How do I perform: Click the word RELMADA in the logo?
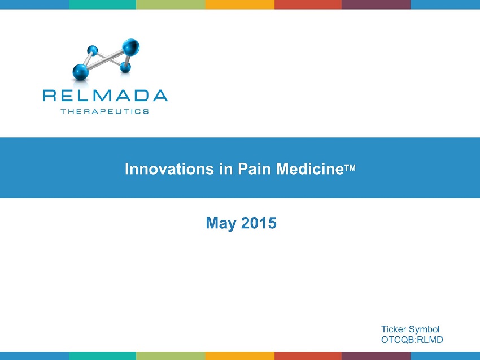point(105,96)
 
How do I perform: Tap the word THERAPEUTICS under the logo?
point(104,111)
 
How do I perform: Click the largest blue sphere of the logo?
point(131,47)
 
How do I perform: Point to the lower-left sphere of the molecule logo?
point(81,72)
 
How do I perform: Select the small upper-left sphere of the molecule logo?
point(92,50)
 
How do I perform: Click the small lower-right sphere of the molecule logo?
point(125,67)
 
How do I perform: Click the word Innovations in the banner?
point(169,169)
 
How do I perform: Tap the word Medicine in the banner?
point(310,169)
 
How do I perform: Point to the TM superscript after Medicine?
point(350,168)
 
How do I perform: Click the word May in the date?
point(221,223)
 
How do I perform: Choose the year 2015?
point(259,223)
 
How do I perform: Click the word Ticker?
point(394,329)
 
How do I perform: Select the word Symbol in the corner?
point(424,329)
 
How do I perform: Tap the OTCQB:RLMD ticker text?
point(412,340)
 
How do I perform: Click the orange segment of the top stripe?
point(240,5)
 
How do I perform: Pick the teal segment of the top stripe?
point(103,5)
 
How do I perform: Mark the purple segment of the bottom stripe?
point(376,355)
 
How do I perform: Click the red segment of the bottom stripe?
point(308,355)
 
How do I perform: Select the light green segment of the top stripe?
point(171,5)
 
